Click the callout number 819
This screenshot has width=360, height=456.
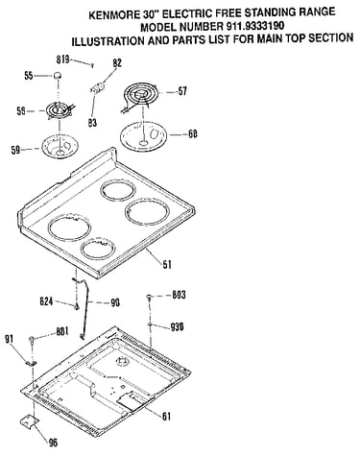pos(62,60)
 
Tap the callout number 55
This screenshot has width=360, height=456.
pos(29,76)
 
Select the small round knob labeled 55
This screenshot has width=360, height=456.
pos(58,76)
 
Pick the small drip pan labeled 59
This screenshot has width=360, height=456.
pos(59,147)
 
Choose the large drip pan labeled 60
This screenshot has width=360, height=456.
pos(144,135)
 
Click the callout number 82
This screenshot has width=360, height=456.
pos(117,62)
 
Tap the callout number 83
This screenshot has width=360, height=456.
pos(92,123)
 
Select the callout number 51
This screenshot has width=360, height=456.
pos(166,264)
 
